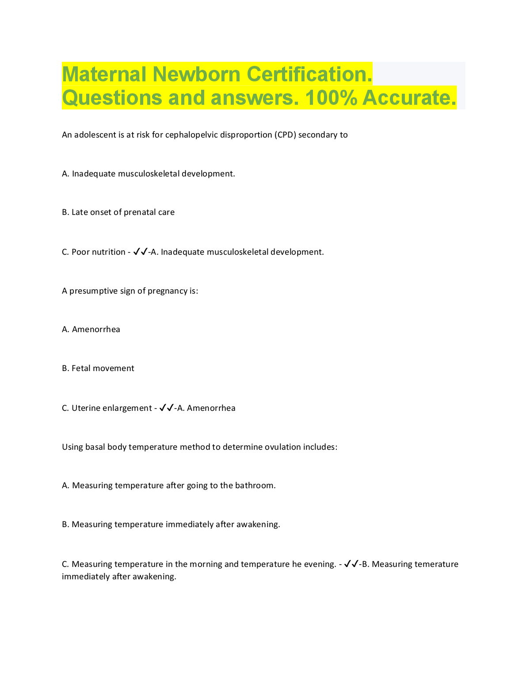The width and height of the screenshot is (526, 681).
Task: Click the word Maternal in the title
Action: click(x=104, y=74)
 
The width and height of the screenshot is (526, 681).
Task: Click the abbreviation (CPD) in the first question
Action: click(x=285, y=135)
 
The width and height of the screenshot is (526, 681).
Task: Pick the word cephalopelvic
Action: click(x=194, y=135)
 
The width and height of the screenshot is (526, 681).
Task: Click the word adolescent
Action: click(x=95, y=135)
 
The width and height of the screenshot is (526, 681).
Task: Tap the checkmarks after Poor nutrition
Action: click(x=140, y=252)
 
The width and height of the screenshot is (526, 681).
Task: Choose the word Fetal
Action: click(x=81, y=368)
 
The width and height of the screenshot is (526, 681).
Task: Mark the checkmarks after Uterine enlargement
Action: click(x=166, y=408)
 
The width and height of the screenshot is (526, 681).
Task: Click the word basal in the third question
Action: click(x=95, y=447)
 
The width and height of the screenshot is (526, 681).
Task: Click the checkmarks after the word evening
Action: click(x=351, y=564)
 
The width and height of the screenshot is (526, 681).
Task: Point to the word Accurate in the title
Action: click(x=409, y=98)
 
